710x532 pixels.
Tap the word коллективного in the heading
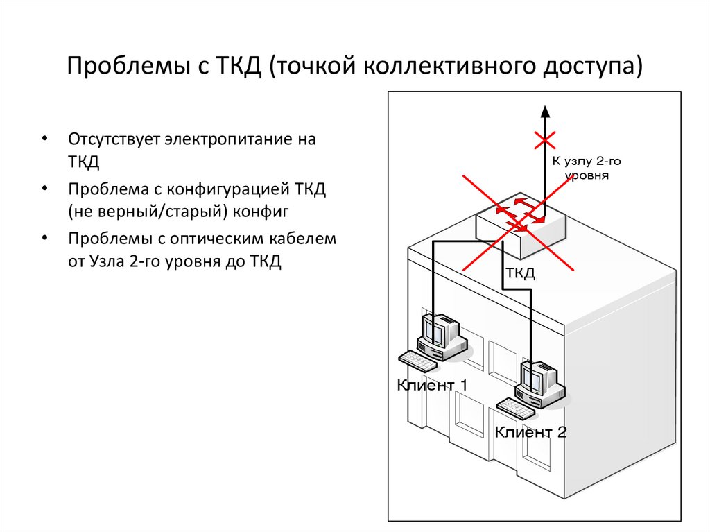tap(449, 66)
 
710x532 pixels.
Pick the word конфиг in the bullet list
tap(261, 212)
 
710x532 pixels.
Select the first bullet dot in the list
tap(44, 138)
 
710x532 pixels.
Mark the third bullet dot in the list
tap(44, 237)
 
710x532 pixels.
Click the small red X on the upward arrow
tap(545, 141)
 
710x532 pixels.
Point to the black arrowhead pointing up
tap(545, 112)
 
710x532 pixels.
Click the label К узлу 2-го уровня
tap(587, 168)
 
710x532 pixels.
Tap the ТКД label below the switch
tap(520, 273)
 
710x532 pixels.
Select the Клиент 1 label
tap(431, 385)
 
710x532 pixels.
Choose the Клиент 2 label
tap(530, 432)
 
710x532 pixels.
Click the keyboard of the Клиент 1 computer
tap(417, 361)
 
